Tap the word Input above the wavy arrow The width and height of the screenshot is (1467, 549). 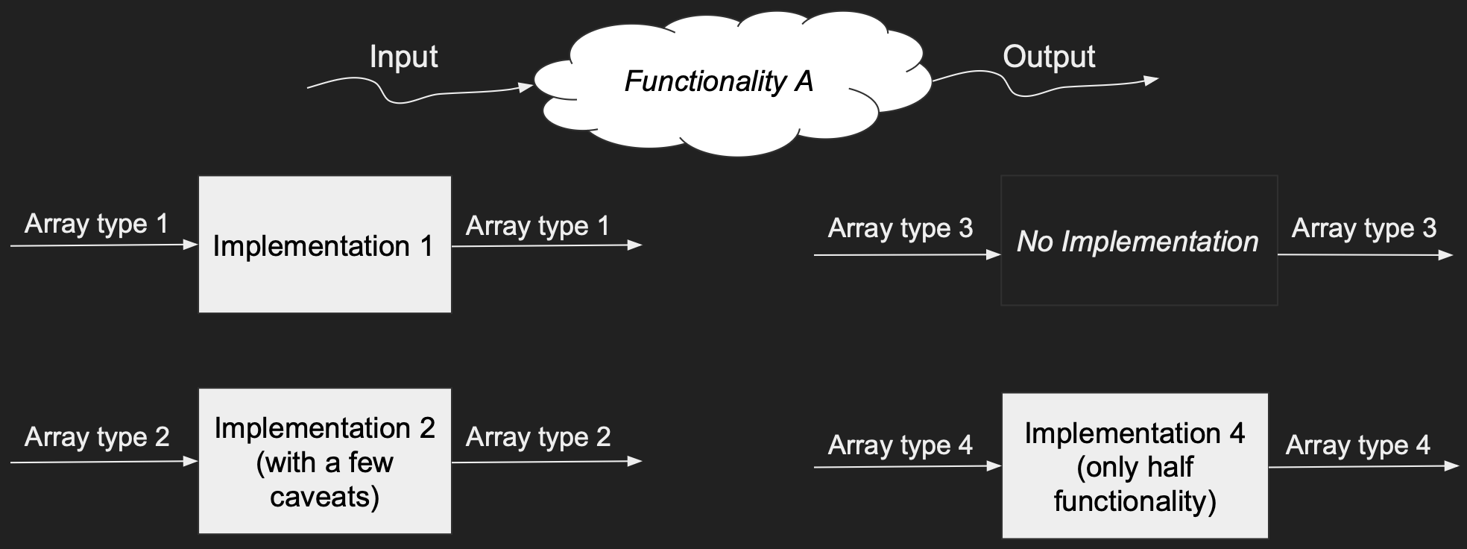tap(403, 57)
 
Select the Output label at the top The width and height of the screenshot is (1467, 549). tap(1049, 57)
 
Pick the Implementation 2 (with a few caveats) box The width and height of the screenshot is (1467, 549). tap(324, 461)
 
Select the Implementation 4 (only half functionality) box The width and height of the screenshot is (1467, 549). tap(1135, 466)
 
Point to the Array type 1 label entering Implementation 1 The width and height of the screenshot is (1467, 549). tap(96, 224)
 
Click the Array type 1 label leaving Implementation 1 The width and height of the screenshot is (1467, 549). tap(537, 225)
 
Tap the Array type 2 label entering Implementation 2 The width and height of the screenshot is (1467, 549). tap(97, 436)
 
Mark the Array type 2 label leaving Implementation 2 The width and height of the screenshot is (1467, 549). tap(538, 436)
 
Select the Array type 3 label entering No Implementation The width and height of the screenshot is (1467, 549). tap(900, 228)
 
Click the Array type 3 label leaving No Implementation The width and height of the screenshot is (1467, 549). tap(1364, 228)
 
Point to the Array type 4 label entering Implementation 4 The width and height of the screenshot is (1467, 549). tap(900, 445)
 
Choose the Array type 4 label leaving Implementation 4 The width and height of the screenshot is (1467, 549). tap(1358, 445)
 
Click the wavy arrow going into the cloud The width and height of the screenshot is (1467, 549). tap(417, 95)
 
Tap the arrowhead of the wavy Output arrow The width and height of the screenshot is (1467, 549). tap(1151, 80)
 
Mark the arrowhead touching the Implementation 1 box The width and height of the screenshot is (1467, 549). tap(191, 245)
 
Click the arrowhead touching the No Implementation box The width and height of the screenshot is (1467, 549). tap(994, 255)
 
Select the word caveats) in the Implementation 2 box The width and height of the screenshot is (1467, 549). tap(324, 497)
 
